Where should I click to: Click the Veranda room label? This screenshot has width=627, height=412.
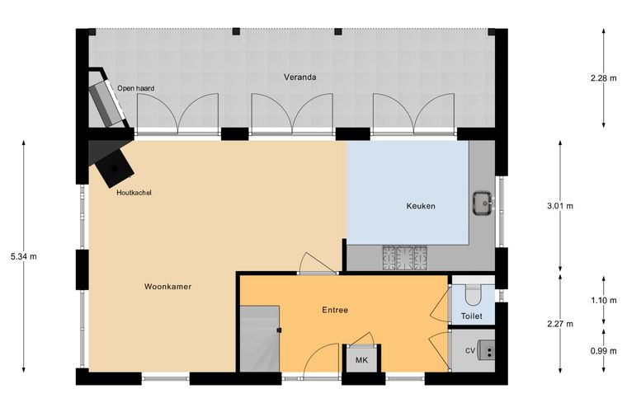[x=300, y=77]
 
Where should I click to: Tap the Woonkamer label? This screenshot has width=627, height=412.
[x=167, y=286]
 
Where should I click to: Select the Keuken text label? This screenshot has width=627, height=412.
[x=421, y=206]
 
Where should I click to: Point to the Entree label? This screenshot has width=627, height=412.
[x=335, y=310]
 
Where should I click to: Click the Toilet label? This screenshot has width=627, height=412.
[x=471, y=316]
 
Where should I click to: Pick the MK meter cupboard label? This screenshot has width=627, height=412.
[x=361, y=360]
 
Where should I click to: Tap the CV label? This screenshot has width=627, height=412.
[x=470, y=350]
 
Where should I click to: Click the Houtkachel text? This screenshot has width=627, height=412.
[x=134, y=193]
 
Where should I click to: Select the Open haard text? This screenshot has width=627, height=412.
[x=135, y=88]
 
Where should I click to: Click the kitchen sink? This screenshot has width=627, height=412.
[x=483, y=204]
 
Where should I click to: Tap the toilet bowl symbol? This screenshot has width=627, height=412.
[x=474, y=295]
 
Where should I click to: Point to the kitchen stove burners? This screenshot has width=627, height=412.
[x=405, y=257]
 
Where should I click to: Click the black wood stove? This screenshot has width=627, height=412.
[x=115, y=168]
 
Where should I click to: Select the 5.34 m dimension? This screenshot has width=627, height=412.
[x=24, y=257]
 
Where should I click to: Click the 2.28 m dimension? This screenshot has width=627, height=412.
[x=603, y=78]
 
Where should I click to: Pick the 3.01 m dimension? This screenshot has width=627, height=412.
[x=560, y=206]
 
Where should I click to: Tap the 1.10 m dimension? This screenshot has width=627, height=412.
[x=603, y=300]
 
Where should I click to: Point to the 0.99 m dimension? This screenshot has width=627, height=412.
[x=603, y=351]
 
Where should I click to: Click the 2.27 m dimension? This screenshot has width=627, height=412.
[x=560, y=324]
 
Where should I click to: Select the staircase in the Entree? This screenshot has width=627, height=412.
[x=260, y=339]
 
